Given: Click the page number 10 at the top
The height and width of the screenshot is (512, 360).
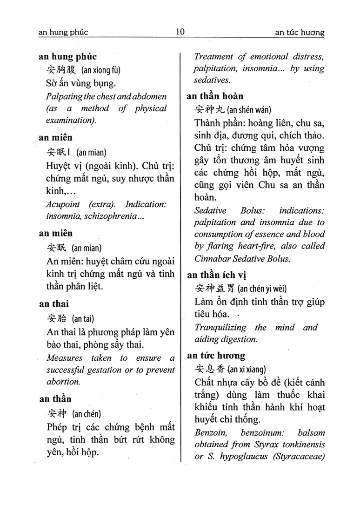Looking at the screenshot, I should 180,32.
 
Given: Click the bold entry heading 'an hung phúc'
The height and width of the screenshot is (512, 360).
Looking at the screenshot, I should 68,57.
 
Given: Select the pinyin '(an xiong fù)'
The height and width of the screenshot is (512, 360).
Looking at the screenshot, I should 100,70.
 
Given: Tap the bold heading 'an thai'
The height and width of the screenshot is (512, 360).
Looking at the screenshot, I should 54,304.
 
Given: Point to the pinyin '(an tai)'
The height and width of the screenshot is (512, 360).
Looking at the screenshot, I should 83,319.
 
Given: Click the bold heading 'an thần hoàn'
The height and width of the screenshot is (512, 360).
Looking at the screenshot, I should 215,96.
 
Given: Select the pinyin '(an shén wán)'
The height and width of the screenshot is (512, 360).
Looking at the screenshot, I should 249,110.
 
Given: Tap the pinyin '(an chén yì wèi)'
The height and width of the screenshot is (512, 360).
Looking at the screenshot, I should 262,289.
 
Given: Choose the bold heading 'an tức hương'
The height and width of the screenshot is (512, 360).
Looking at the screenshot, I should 216,356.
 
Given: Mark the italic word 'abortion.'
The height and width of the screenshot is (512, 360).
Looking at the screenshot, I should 64,381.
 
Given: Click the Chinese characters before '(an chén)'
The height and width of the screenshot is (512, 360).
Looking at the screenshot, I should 58,413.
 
